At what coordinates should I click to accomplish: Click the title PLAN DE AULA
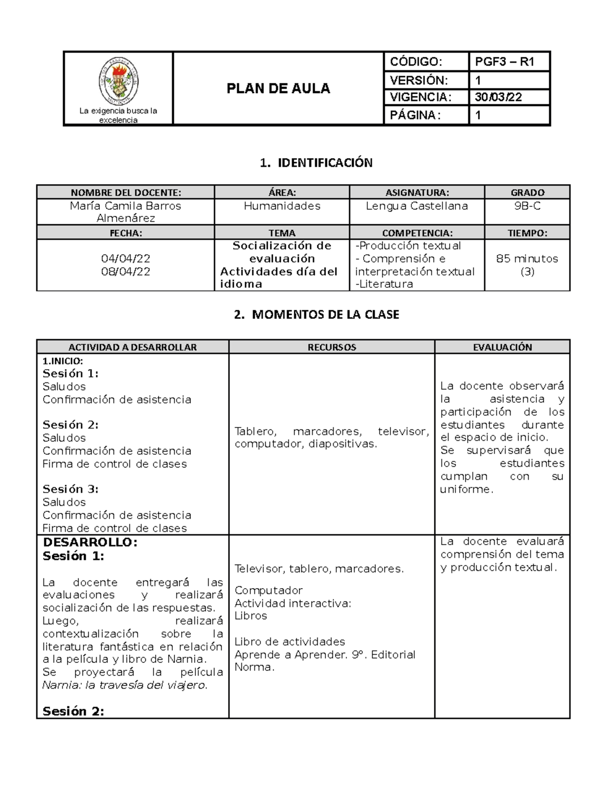(278, 89)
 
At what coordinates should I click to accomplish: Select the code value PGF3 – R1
(505, 62)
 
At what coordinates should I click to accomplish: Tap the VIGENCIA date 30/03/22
(498, 97)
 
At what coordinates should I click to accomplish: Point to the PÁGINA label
(414, 115)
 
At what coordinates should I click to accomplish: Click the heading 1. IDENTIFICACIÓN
(316, 163)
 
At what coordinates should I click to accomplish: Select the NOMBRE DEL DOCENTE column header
(125, 192)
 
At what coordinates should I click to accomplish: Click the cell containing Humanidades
(282, 206)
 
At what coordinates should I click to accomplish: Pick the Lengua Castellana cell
(416, 206)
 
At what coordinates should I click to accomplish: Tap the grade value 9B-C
(527, 206)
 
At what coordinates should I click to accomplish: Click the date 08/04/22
(125, 271)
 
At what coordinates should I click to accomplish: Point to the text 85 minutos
(527, 259)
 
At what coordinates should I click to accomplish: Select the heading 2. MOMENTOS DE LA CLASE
(316, 314)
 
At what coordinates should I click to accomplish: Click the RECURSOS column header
(332, 347)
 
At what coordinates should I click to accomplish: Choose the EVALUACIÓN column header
(502, 347)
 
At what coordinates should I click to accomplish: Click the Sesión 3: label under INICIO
(71, 489)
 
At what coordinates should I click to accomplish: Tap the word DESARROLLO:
(90, 543)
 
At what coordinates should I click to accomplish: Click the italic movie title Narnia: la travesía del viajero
(125, 685)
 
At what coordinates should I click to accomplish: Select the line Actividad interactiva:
(293, 603)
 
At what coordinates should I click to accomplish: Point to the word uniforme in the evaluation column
(466, 489)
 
